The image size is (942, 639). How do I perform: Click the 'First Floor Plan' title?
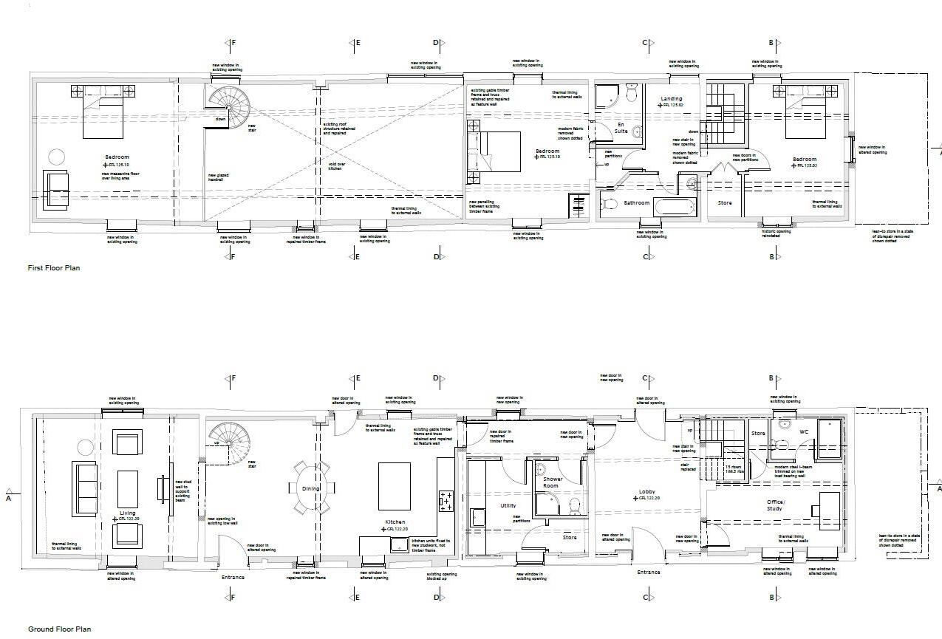coord(53,268)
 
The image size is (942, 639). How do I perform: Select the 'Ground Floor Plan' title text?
coord(59,629)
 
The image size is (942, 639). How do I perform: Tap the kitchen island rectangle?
coord(395,486)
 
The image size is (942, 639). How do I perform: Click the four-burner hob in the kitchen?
coord(446,502)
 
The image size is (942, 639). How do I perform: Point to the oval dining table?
coord(310,488)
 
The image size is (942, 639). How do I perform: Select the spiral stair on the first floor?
coord(228,108)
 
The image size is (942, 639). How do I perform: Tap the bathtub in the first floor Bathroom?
coord(673,206)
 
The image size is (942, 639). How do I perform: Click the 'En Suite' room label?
coord(621,128)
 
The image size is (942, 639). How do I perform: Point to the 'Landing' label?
coord(671,98)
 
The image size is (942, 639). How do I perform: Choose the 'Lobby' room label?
coord(647,492)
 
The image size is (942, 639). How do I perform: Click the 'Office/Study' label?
coord(774,505)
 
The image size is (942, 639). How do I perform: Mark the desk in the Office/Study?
coord(830,510)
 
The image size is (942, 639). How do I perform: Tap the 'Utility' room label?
coord(508,506)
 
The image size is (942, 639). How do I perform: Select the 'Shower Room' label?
coord(552,482)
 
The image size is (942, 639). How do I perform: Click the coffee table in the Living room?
coord(128,488)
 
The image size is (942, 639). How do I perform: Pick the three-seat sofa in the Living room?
coord(85,488)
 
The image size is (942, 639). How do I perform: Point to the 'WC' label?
coord(804,431)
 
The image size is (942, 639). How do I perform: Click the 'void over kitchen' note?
coord(337,166)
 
